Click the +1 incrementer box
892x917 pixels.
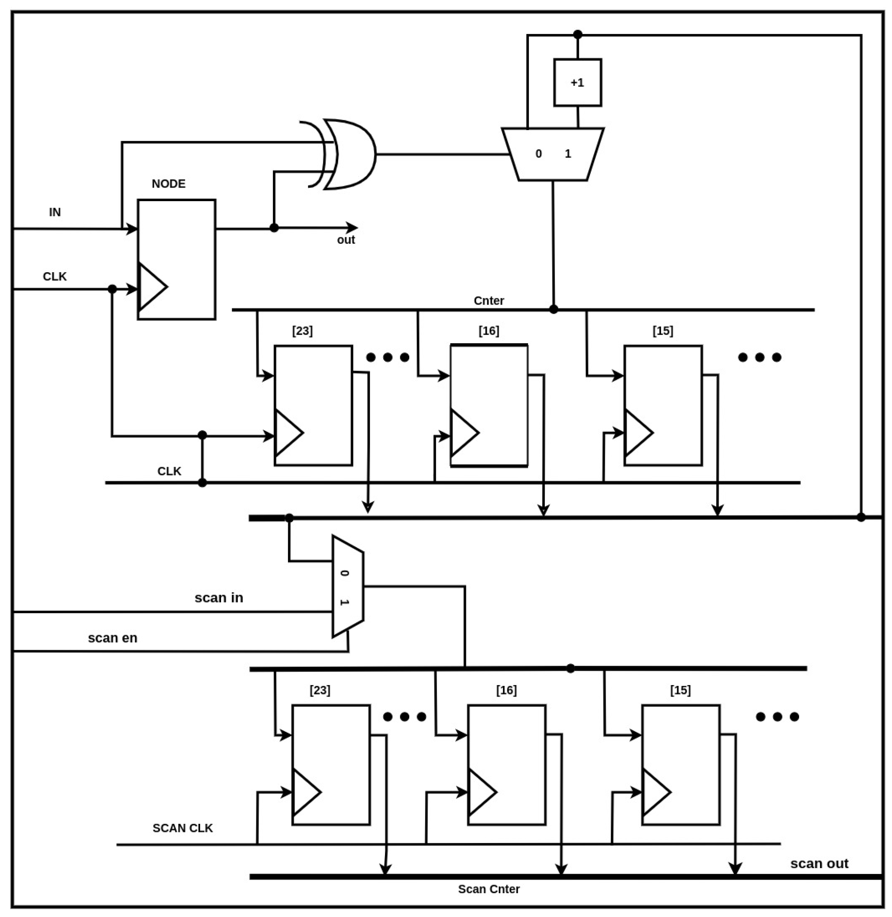(x=577, y=83)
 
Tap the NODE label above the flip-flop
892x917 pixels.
(x=168, y=184)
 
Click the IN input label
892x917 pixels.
(x=55, y=212)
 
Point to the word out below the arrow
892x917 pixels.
(x=346, y=240)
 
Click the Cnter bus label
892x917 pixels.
(x=489, y=300)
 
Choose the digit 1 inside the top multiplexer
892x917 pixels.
(x=568, y=154)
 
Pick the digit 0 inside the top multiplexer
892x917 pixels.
(x=538, y=154)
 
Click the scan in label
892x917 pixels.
(x=219, y=598)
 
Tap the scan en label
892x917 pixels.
(x=113, y=638)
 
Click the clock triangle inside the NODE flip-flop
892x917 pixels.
(x=151, y=287)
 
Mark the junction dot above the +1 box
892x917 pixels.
(x=577, y=34)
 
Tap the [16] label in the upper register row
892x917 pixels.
(x=489, y=331)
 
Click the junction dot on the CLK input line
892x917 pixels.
(x=112, y=289)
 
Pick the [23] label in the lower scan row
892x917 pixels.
(x=320, y=690)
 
